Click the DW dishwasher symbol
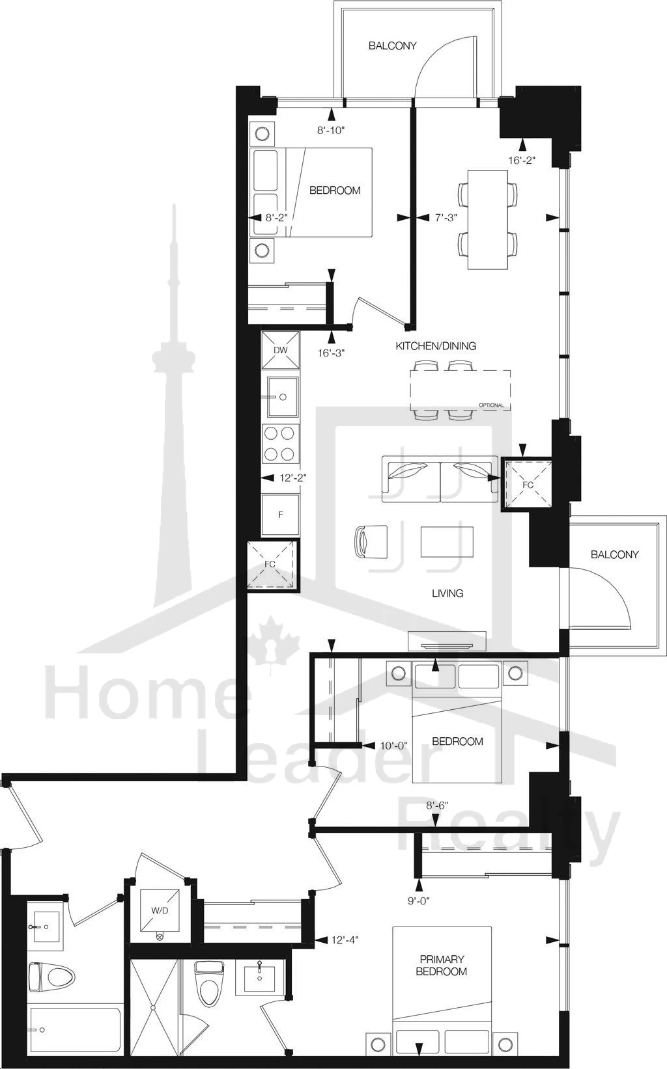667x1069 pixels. [281, 350]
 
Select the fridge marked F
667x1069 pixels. [281, 515]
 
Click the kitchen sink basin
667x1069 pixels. [283, 397]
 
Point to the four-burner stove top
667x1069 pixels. [281, 443]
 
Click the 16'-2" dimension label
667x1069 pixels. [521, 160]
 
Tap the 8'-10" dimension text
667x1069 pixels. [331, 130]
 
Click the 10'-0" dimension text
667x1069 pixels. [393, 746]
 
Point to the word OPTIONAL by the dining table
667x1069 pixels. [492, 405]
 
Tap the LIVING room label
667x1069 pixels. [447, 593]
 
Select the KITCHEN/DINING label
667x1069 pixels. [436, 346]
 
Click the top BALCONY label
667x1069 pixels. [392, 46]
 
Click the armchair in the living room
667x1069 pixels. [371, 541]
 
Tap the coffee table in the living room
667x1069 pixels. [447, 542]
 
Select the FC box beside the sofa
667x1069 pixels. [526, 484]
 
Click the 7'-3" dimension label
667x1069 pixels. [446, 217]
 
